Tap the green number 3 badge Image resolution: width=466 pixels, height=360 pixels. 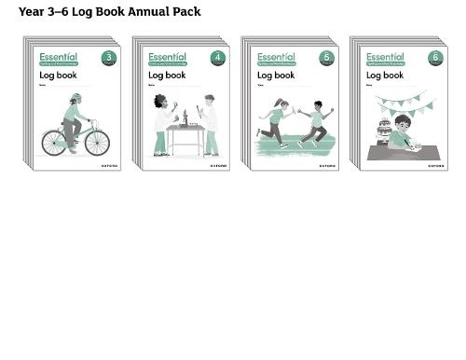(109, 58)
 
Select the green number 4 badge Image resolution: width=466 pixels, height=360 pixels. (218, 58)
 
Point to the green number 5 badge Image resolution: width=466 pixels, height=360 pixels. (326, 58)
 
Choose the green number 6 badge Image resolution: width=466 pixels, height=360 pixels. (435, 58)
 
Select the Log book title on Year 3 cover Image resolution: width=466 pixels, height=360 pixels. (58, 76)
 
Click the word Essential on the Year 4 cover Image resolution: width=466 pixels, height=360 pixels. (167, 57)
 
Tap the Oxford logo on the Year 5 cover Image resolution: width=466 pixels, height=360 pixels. (327, 165)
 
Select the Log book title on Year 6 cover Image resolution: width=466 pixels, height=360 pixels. (384, 76)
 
